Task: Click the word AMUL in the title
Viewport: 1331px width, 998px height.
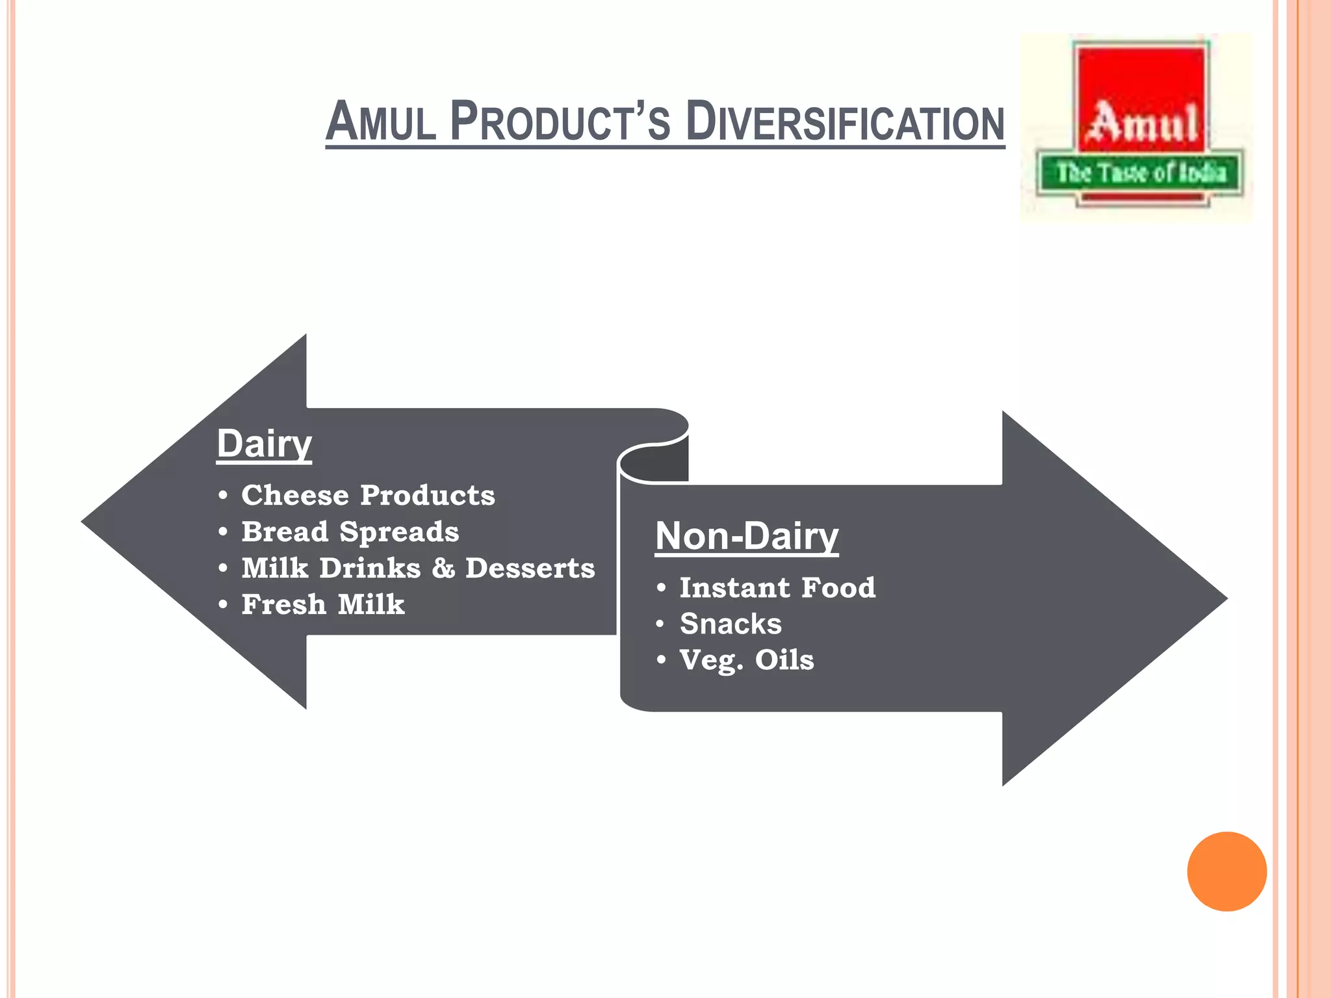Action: [381, 122]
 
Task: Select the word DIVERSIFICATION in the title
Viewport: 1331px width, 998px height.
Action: [845, 122]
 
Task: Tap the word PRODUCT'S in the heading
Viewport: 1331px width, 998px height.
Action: [560, 122]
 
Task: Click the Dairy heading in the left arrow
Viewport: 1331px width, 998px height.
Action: [264, 444]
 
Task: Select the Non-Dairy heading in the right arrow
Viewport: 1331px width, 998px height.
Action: [747, 537]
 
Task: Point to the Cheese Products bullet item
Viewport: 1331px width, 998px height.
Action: [368, 496]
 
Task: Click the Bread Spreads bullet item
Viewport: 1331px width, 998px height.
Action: [350, 532]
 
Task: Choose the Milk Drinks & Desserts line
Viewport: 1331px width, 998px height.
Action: [418, 569]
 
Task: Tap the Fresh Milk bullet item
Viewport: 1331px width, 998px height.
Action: [323, 605]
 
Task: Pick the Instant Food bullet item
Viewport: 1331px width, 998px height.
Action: [777, 588]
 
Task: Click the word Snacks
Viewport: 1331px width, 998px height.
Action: [730, 624]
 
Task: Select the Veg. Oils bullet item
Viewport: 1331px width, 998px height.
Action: [747, 661]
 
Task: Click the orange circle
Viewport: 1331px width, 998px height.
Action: [1226, 871]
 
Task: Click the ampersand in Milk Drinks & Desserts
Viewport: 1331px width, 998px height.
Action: [443, 569]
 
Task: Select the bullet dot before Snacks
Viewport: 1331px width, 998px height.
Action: [661, 624]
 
